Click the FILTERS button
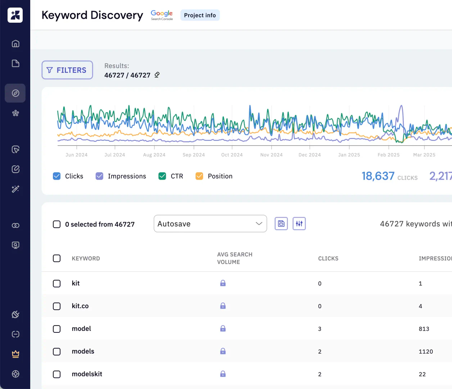pos(67,70)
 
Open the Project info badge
pos(200,15)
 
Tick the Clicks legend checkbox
pos(57,176)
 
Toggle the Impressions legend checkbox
pos(99,176)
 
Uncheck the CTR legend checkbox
pos(162,176)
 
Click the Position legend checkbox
pos(199,176)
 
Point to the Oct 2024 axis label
pos(232,155)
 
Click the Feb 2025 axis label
pos(388,155)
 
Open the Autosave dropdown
pos(210,224)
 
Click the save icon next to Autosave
pos(281,224)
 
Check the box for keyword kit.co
pos(57,306)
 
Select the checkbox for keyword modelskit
pos(57,374)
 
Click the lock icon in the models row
pos(223,351)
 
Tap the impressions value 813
pos(424,329)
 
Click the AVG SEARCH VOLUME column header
pos(235,258)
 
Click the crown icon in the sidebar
pos(15,354)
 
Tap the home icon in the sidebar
pos(15,44)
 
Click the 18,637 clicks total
pos(378,176)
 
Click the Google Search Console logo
pos(162,15)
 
